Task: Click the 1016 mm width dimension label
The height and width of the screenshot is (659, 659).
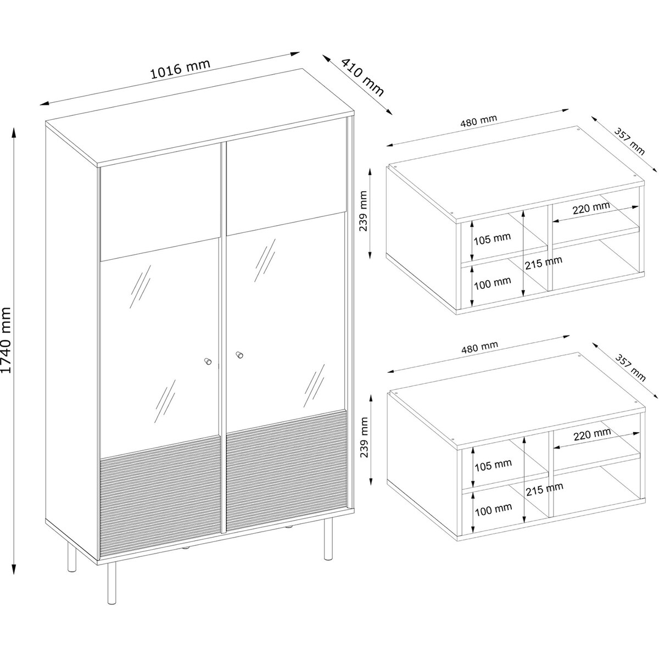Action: coord(180,69)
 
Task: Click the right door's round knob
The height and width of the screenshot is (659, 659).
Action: coord(239,355)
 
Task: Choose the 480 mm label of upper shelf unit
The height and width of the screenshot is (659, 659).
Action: coord(478,121)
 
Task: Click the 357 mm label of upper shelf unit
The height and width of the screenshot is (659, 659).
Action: coord(629,141)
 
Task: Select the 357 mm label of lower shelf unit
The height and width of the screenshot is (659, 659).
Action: coord(630,367)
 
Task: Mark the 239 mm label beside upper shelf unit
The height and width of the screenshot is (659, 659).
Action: coord(363,211)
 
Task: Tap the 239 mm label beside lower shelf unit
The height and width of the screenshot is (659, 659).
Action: coord(364,437)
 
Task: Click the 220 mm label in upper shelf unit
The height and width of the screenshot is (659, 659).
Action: coord(591,208)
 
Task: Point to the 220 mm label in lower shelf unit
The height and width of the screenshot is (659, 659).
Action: coord(593,434)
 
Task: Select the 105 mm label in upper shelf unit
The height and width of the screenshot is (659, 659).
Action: coord(492,238)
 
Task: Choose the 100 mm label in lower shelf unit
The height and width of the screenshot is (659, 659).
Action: coord(493,509)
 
